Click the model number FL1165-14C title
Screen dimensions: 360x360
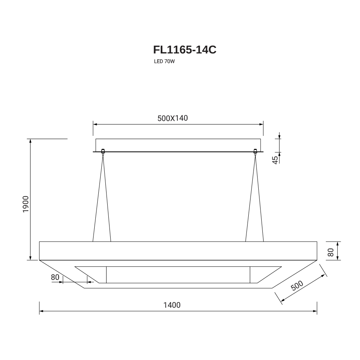184,50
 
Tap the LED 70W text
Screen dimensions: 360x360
164,62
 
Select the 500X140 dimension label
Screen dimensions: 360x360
173,118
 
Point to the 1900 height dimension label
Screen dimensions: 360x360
26,204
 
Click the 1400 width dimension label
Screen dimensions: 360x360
172,305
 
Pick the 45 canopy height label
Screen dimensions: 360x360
275,160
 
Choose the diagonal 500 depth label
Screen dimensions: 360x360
297,286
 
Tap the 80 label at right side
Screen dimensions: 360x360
331,252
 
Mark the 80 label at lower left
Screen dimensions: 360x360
55,277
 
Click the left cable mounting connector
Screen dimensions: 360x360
103,151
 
